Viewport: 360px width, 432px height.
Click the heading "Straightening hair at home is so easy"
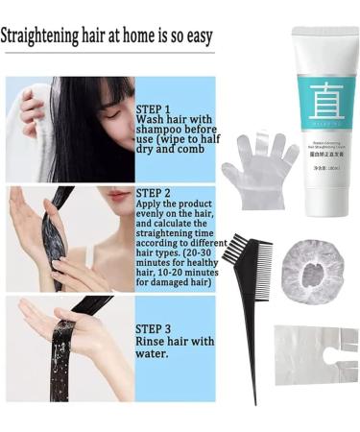click(x=107, y=37)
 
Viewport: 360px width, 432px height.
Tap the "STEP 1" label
click(x=155, y=109)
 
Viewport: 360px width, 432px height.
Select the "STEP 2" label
click(x=155, y=192)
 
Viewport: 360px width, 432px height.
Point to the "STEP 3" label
click(x=155, y=328)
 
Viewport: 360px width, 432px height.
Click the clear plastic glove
click(x=257, y=163)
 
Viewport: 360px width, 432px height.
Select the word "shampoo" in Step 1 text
click(x=162, y=134)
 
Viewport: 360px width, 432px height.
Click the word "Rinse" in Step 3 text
click(x=153, y=341)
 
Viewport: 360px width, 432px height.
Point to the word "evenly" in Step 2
click(x=156, y=219)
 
